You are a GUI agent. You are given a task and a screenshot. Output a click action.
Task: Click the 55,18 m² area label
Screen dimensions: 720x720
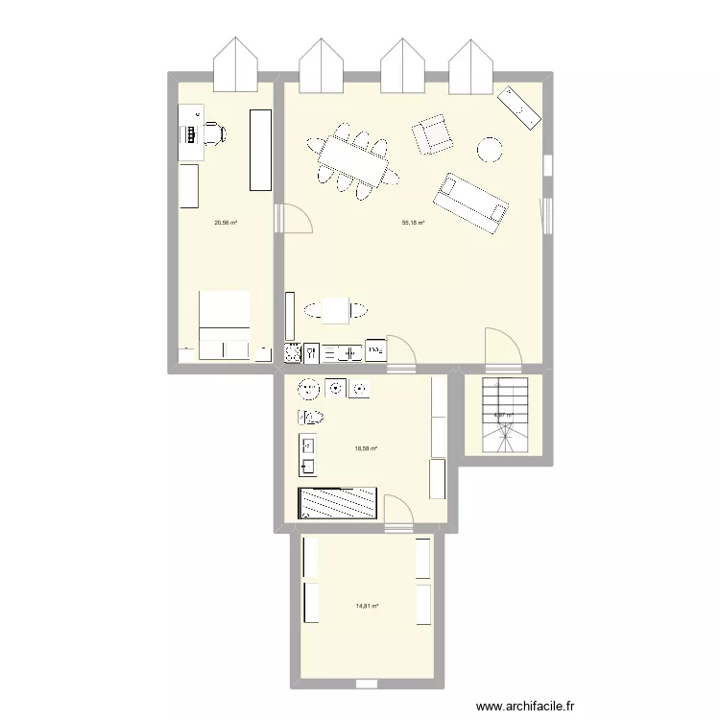pyautogui.click(x=413, y=223)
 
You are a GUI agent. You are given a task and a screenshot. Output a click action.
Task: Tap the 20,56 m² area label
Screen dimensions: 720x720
pyautogui.click(x=226, y=223)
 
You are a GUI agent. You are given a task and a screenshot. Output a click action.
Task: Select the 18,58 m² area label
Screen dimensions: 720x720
pyautogui.click(x=366, y=448)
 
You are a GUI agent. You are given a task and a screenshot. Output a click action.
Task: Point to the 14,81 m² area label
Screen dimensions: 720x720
pyautogui.click(x=367, y=607)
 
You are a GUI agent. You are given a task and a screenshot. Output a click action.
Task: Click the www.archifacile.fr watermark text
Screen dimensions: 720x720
pyautogui.click(x=528, y=707)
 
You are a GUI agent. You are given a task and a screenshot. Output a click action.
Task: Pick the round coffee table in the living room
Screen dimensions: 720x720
pyautogui.click(x=491, y=150)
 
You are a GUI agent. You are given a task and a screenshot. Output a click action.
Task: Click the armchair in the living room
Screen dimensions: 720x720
pyautogui.click(x=433, y=134)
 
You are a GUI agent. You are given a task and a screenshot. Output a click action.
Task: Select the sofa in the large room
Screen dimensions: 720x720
pyautogui.click(x=470, y=203)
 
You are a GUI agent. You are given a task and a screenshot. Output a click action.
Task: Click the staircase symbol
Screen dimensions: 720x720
pyautogui.click(x=504, y=415)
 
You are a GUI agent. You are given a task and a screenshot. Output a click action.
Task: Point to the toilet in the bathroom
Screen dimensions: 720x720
pyautogui.click(x=311, y=417)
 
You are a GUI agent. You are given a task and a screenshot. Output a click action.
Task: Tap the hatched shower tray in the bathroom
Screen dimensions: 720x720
pyautogui.click(x=338, y=503)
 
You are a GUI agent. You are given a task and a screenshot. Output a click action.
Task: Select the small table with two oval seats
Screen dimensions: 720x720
pyautogui.click(x=336, y=310)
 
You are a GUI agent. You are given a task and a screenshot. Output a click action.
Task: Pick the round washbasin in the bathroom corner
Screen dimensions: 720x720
pyautogui.click(x=309, y=389)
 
